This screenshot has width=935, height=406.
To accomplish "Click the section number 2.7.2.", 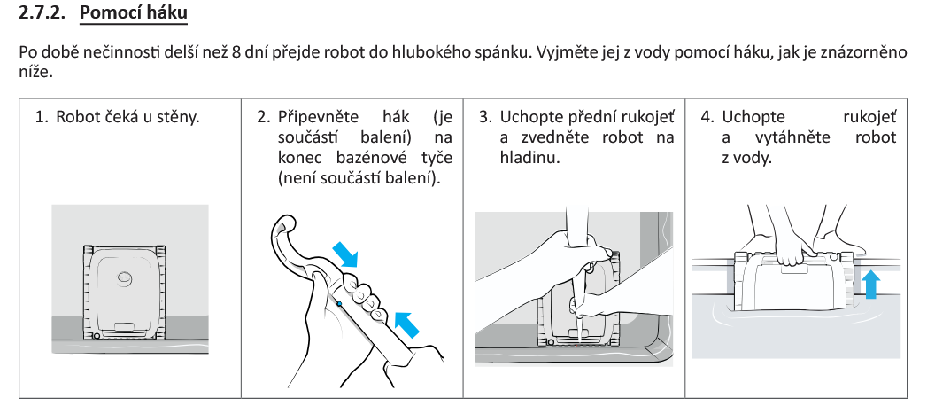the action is click(43, 15).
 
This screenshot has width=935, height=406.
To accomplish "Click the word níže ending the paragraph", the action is click(35, 71).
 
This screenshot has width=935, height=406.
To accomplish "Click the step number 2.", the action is click(262, 117).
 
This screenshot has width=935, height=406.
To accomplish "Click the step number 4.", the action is click(706, 117).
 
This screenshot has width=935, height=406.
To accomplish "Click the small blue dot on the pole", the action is click(340, 304).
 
